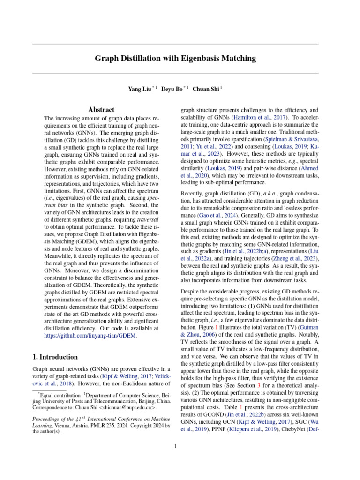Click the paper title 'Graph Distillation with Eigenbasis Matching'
coord(175,59)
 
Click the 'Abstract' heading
coord(102,110)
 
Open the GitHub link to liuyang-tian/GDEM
coord(90,336)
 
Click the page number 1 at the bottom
coord(175,446)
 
